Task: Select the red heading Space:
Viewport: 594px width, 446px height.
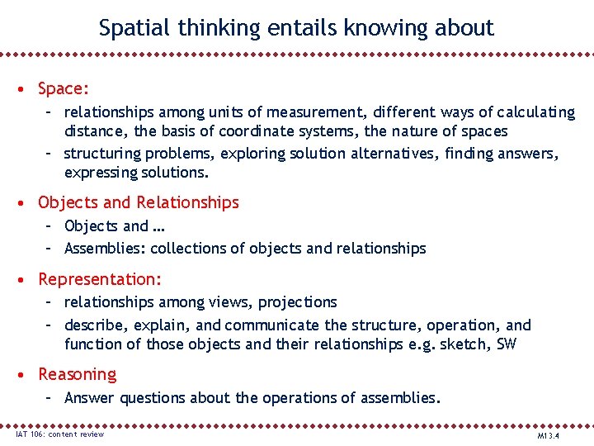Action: tap(64, 88)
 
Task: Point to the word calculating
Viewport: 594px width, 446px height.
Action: tap(530, 111)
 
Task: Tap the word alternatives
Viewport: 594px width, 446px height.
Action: tap(394, 154)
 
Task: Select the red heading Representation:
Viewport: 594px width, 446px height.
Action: tap(100, 280)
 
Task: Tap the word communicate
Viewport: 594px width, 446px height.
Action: tap(272, 325)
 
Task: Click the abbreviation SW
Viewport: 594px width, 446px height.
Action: tap(506, 344)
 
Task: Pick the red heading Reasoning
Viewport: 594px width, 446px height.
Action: tap(77, 375)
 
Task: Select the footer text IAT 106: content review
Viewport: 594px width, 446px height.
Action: tap(60, 434)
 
